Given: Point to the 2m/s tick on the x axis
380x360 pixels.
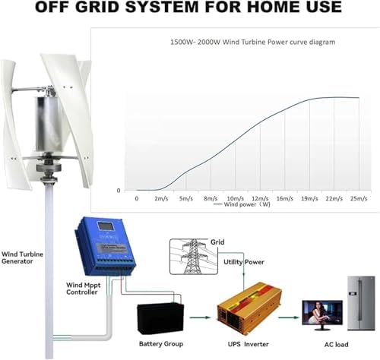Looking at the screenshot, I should click(x=161, y=198).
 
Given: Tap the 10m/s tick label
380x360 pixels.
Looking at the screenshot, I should click(x=235, y=198).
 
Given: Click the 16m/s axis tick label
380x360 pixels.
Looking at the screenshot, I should click(x=285, y=198).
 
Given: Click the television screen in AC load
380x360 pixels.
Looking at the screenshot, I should click(x=318, y=313).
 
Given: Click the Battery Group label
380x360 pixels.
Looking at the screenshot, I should click(x=162, y=344).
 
